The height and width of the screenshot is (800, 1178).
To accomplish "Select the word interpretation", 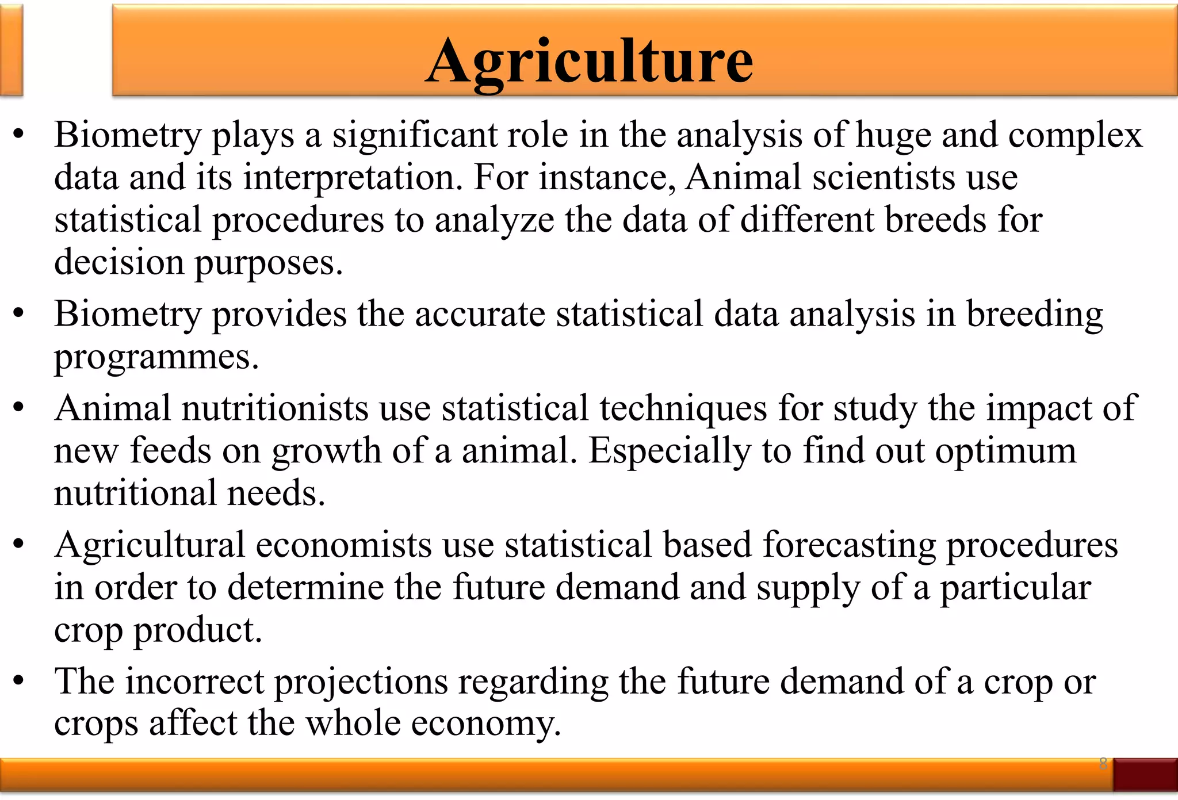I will [x=353, y=178].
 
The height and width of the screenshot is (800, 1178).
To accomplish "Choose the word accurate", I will [x=480, y=315].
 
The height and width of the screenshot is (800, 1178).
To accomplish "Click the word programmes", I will [x=156, y=358].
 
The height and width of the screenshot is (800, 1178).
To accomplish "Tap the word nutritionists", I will [x=275, y=408].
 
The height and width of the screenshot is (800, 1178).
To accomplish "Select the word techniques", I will [x=683, y=408].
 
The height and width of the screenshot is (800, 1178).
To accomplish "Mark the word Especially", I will [x=670, y=451].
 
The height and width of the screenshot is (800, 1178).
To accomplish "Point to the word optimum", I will [x=1005, y=451].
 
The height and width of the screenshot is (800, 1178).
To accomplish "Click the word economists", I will [x=343, y=545].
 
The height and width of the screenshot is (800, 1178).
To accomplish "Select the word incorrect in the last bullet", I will [x=194, y=682].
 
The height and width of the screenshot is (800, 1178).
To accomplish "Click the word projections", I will [x=361, y=683].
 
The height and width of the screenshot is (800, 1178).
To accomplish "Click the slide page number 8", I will [x=1103, y=764].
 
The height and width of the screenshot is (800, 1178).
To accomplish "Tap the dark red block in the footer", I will [x=1145, y=775].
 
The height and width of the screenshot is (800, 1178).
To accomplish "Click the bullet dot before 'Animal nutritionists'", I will [x=19, y=408].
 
